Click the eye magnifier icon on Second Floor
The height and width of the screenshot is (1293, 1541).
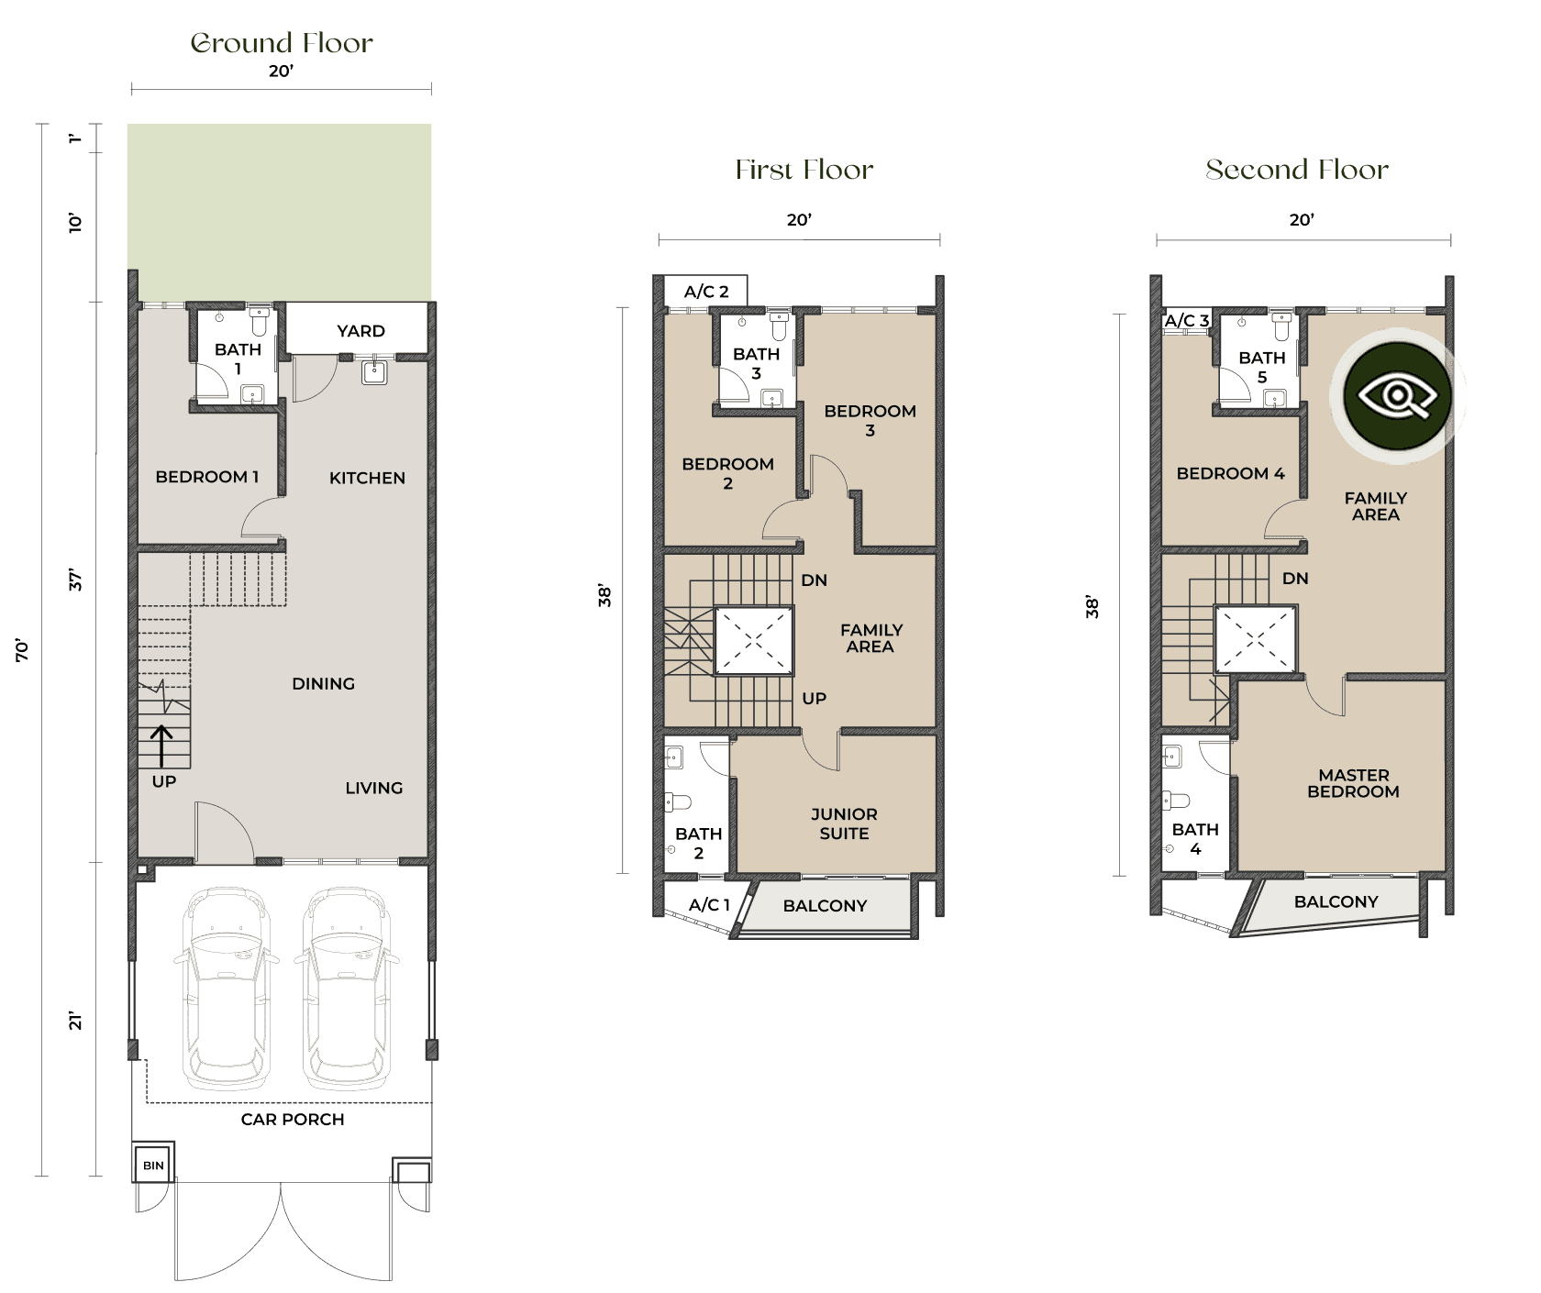[x=1397, y=397]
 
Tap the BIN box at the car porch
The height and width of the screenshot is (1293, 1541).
[x=153, y=1166]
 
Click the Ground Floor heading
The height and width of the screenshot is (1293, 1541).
[x=282, y=43]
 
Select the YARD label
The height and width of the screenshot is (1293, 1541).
[x=360, y=331]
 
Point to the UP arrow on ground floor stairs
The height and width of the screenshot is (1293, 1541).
[x=162, y=745]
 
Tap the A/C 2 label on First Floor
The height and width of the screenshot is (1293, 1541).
[x=706, y=292]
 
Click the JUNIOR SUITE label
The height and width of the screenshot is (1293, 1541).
[x=844, y=823]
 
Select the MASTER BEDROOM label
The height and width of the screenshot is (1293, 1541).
[x=1353, y=783]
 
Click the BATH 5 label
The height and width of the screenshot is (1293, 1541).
[x=1262, y=367]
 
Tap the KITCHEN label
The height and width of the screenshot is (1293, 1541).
[x=367, y=478]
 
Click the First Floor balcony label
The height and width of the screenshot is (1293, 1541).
[x=825, y=906]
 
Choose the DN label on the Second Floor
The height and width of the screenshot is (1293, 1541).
[x=1295, y=579]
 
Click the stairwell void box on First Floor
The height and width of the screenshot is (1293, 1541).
[x=753, y=640]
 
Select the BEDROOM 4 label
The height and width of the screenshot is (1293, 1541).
[x=1230, y=473]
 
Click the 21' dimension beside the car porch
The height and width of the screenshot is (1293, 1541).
[x=75, y=1021]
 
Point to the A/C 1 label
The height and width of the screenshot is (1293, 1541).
[x=709, y=905]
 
